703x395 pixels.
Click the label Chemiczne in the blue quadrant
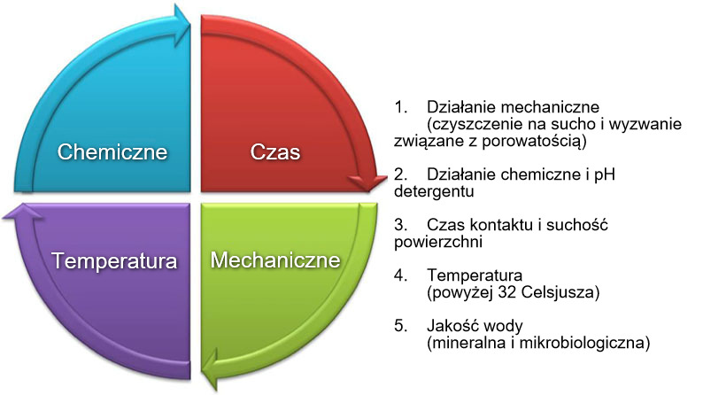pos(112,151)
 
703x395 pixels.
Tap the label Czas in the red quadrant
pos(275,151)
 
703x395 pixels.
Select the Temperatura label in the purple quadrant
pos(114,261)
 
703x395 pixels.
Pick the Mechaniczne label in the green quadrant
pos(275,260)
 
